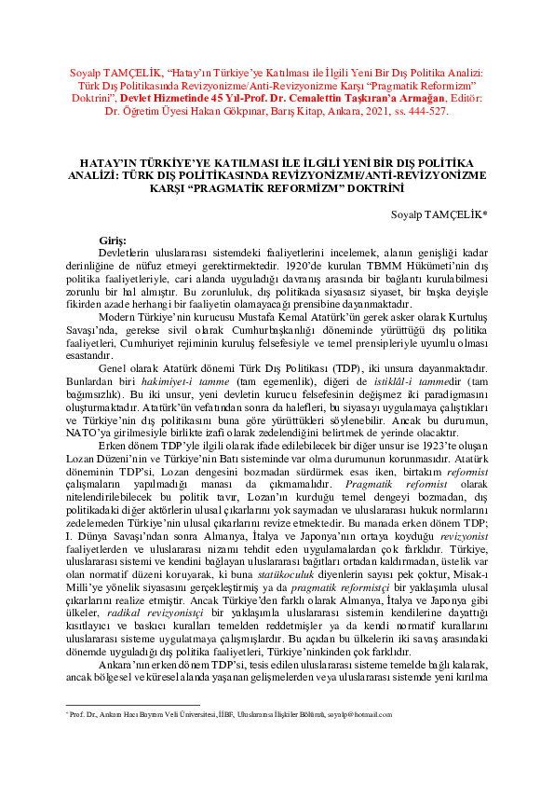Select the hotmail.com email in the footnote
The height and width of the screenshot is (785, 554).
point(361,740)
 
